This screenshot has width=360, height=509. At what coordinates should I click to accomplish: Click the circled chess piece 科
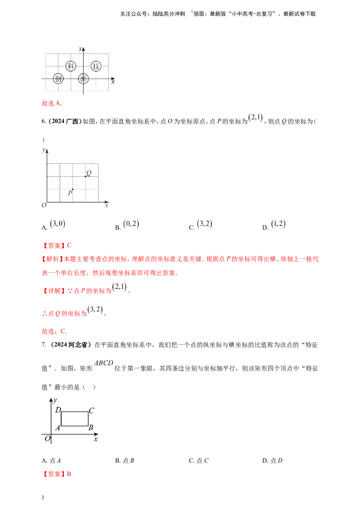pyautogui.click(x=70, y=67)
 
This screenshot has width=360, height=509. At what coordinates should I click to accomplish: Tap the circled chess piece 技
pyautogui.click(x=95, y=67)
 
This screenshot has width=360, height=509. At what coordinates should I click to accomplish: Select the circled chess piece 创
pyautogui.click(x=58, y=79)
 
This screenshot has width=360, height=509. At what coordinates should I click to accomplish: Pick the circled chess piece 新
pyautogui.click(x=83, y=79)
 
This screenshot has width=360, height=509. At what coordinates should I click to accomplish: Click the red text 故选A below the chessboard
pyautogui.click(x=52, y=104)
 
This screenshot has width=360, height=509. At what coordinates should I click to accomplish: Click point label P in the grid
pyautogui.click(x=69, y=194)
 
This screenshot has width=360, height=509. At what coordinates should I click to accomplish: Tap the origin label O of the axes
pyautogui.click(x=43, y=205)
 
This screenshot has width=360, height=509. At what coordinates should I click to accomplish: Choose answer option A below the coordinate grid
pyautogui.click(x=57, y=222)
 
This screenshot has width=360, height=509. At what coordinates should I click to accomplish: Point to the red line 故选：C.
pyautogui.click(x=54, y=331)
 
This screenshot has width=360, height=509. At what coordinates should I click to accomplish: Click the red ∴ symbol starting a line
pyautogui.click(x=44, y=313)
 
